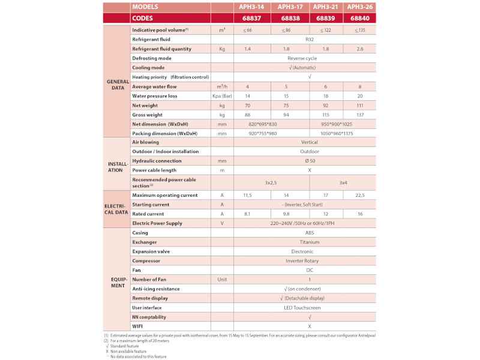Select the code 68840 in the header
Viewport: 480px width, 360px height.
click(x=360, y=18)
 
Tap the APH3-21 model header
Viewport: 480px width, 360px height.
click(x=325, y=7)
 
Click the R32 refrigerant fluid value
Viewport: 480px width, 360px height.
click(x=309, y=39)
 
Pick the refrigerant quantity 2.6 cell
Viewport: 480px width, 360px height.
click(x=360, y=49)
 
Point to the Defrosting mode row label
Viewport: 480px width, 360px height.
click(x=152, y=58)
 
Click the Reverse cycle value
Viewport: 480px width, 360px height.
click(x=309, y=58)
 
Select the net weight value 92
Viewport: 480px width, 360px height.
click(x=325, y=106)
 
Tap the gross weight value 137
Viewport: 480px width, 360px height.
click(x=360, y=115)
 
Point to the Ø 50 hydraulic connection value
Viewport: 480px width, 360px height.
click(x=309, y=161)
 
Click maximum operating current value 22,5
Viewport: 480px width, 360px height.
click(x=360, y=195)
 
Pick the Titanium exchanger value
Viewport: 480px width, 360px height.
click(x=309, y=242)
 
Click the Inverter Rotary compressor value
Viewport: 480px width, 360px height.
click(x=309, y=260)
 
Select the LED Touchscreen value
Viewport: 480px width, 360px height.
click(x=309, y=307)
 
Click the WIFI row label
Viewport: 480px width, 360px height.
click(x=138, y=326)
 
